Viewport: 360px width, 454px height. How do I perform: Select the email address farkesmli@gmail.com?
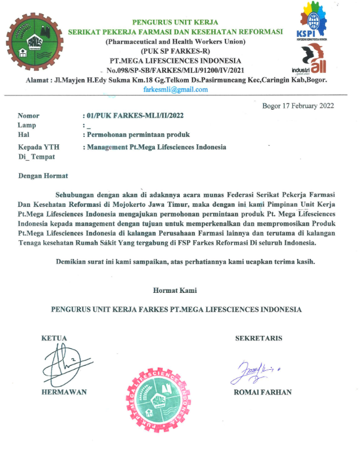(176, 89)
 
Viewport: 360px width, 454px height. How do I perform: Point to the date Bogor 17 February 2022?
(298, 106)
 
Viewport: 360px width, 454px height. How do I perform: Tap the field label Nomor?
(29, 115)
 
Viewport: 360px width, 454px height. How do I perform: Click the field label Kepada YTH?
(39, 147)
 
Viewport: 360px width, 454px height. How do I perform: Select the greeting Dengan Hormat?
(43, 176)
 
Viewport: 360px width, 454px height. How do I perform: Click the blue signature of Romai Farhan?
(253, 371)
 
